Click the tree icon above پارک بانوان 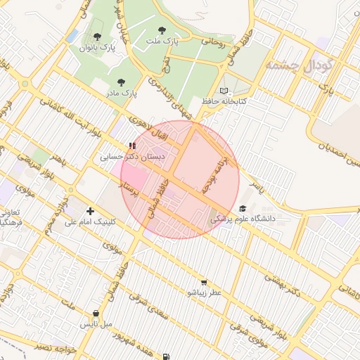coord(97,37)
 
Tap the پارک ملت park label coord(162,41)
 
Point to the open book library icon coord(224,91)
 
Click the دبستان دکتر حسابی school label coord(133,157)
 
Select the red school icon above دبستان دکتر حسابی coord(132,146)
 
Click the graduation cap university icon coord(243,209)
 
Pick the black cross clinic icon coord(90,211)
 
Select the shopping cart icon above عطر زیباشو coord(204,282)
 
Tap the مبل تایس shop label coord(96,324)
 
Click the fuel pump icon coord(166,356)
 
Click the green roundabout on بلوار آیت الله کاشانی coord(25,84)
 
